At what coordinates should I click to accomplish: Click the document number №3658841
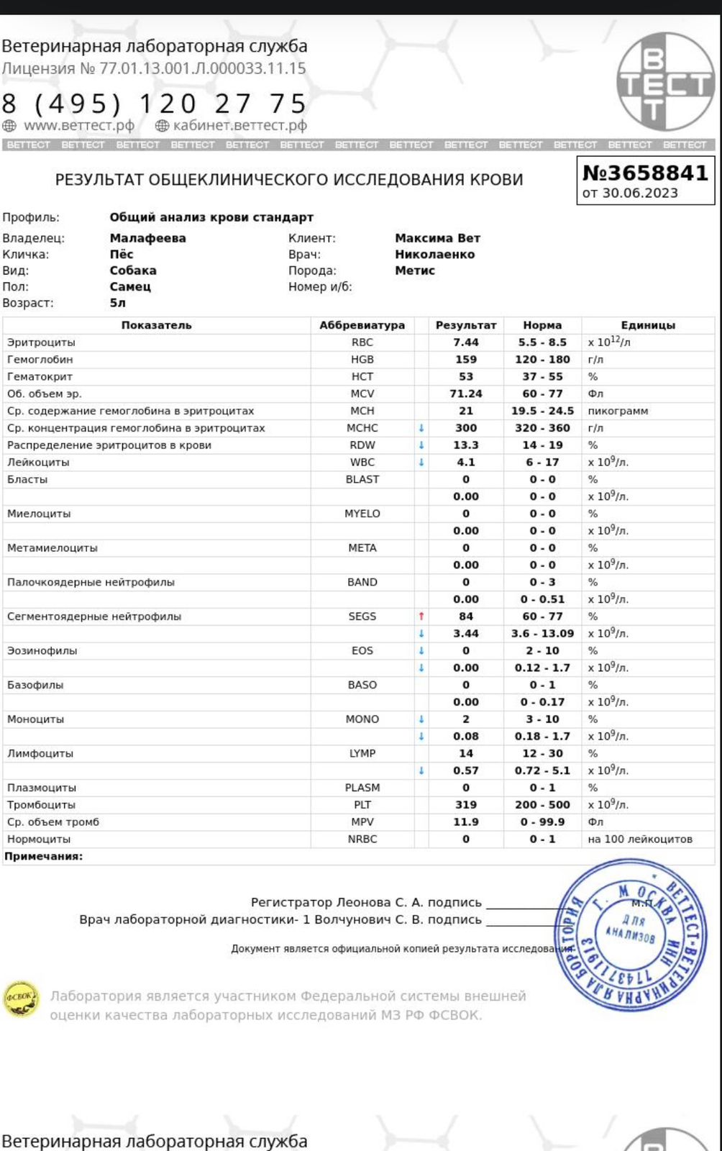[644, 173]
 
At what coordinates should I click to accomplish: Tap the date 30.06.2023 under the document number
[639, 193]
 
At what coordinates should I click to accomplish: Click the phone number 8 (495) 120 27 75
[154, 104]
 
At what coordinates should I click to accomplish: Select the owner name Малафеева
[147, 238]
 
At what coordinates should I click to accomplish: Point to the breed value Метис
[415, 270]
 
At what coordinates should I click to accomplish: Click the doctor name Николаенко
[434, 254]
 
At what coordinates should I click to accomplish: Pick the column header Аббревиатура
[362, 325]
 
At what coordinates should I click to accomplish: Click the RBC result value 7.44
[466, 342]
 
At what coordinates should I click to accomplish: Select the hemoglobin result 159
[466, 360]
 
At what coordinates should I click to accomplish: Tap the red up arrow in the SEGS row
[421, 617]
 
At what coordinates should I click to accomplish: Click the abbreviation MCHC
[362, 428]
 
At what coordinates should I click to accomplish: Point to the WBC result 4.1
[466, 463]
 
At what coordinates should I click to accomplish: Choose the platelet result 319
[466, 805]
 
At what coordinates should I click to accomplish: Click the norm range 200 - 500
[542, 805]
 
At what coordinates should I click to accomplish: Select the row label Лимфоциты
[40, 753]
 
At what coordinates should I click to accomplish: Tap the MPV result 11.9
[466, 822]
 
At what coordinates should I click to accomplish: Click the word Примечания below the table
[43, 856]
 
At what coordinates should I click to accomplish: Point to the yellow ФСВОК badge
[20, 998]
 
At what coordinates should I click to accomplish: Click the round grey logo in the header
[666, 81]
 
